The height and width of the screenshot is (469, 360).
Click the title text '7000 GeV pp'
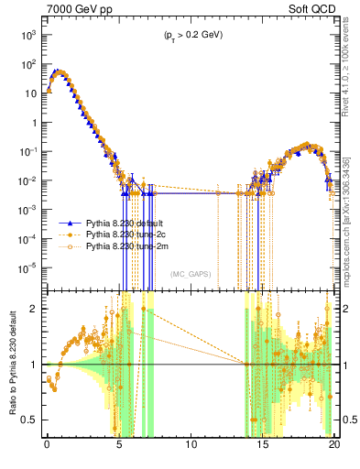click(73, 8)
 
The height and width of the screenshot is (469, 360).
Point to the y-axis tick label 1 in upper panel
click(32, 123)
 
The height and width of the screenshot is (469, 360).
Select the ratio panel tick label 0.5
click(29, 420)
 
